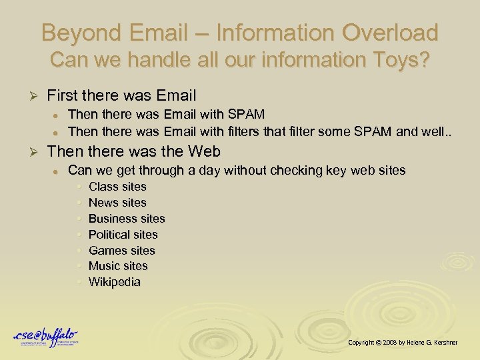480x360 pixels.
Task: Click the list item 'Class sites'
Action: (x=117, y=187)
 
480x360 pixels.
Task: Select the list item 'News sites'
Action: (x=117, y=203)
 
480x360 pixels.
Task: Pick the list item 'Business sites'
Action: (x=127, y=219)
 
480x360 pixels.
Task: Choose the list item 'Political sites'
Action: (x=123, y=235)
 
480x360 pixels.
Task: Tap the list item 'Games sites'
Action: (x=121, y=251)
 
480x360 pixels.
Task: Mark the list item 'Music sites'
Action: (x=118, y=266)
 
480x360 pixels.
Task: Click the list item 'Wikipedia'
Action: (x=114, y=282)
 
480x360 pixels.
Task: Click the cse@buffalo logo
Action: (x=46, y=337)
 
